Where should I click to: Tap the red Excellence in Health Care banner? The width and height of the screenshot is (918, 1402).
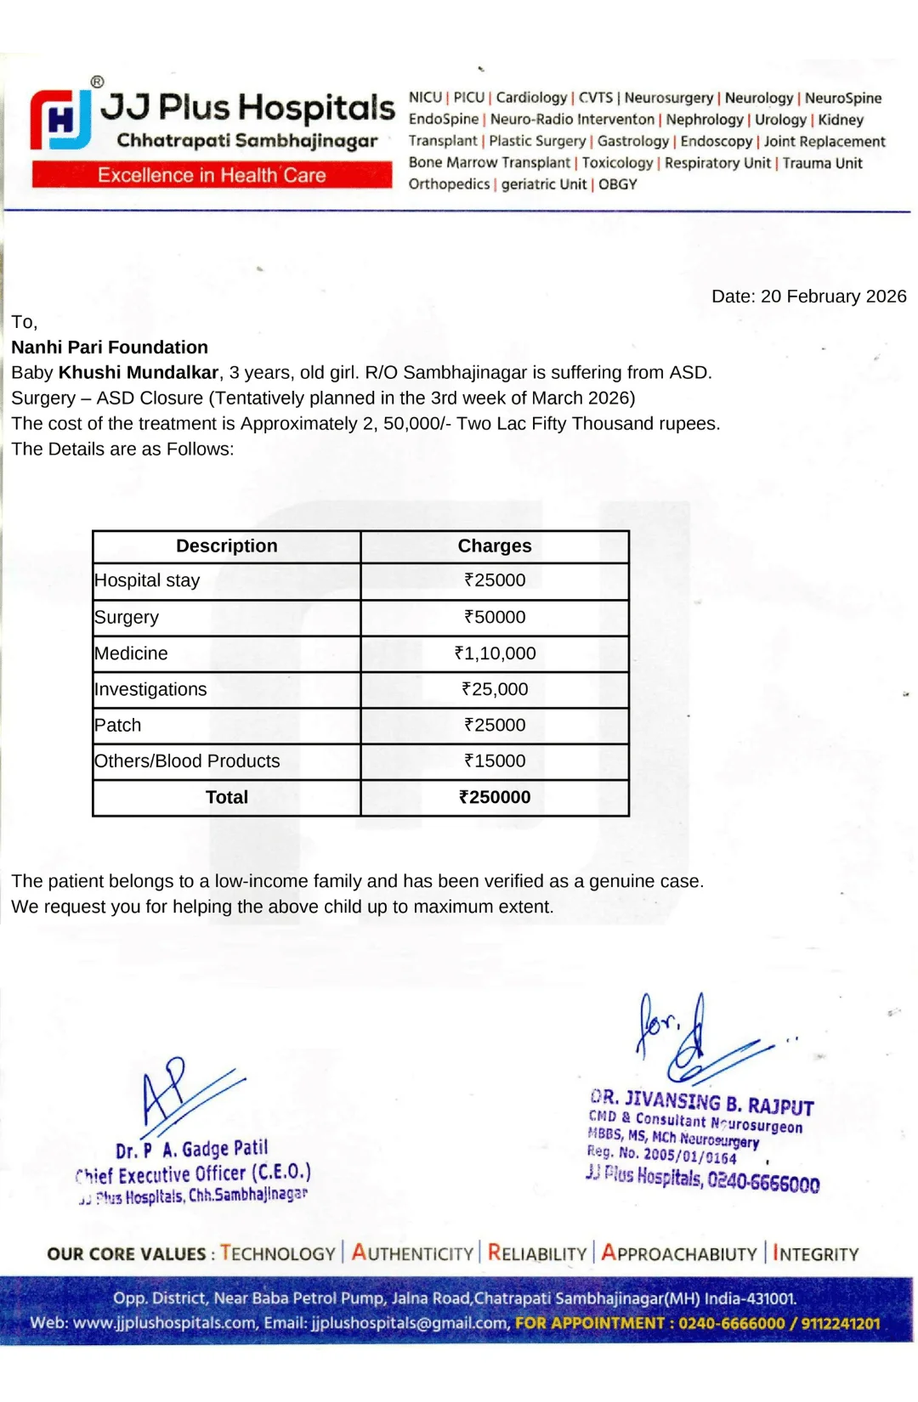point(212,175)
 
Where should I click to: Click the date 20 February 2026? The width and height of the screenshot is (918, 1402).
point(833,297)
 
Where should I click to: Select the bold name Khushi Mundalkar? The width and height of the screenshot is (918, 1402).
point(139,373)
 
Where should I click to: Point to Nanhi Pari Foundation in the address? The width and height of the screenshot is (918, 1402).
point(110,348)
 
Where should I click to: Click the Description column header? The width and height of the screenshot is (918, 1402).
point(226,546)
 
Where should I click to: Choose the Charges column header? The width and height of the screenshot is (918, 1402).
point(495,546)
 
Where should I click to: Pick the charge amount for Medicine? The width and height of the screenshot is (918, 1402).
point(495,653)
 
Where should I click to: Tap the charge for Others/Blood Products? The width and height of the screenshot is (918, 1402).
point(495,761)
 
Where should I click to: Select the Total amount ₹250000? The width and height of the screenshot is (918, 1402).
point(495,798)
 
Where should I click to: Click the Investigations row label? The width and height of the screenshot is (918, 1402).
point(150,690)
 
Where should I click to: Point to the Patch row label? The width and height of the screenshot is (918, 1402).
point(118,726)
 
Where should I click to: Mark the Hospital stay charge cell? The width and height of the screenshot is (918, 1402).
point(495,580)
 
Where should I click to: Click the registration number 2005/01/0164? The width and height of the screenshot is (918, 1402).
point(689,1156)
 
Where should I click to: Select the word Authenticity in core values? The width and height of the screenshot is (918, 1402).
point(412,1254)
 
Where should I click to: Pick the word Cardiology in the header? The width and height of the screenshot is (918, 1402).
point(531,98)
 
